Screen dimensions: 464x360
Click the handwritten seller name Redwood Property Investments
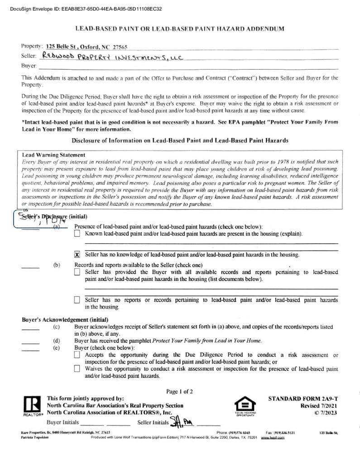pyautogui.click(x=111, y=57)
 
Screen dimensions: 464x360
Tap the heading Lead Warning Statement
pyautogui.click(x=53, y=155)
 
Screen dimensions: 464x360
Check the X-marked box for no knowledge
pyautogui.click(x=77, y=255)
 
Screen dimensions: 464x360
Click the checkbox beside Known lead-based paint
pyautogui.click(x=77, y=234)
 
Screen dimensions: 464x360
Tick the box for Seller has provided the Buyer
pyautogui.click(x=77, y=272)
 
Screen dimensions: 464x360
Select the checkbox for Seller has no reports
pyautogui.click(x=77, y=300)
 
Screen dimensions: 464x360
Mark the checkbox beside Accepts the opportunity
pyautogui.click(x=77, y=355)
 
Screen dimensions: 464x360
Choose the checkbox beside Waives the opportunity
pyautogui.click(x=77, y=369)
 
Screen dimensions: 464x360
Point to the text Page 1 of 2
pyautogui.click(x=180, y=391)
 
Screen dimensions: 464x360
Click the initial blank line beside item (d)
pyautogui.click(x=30, y=343)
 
